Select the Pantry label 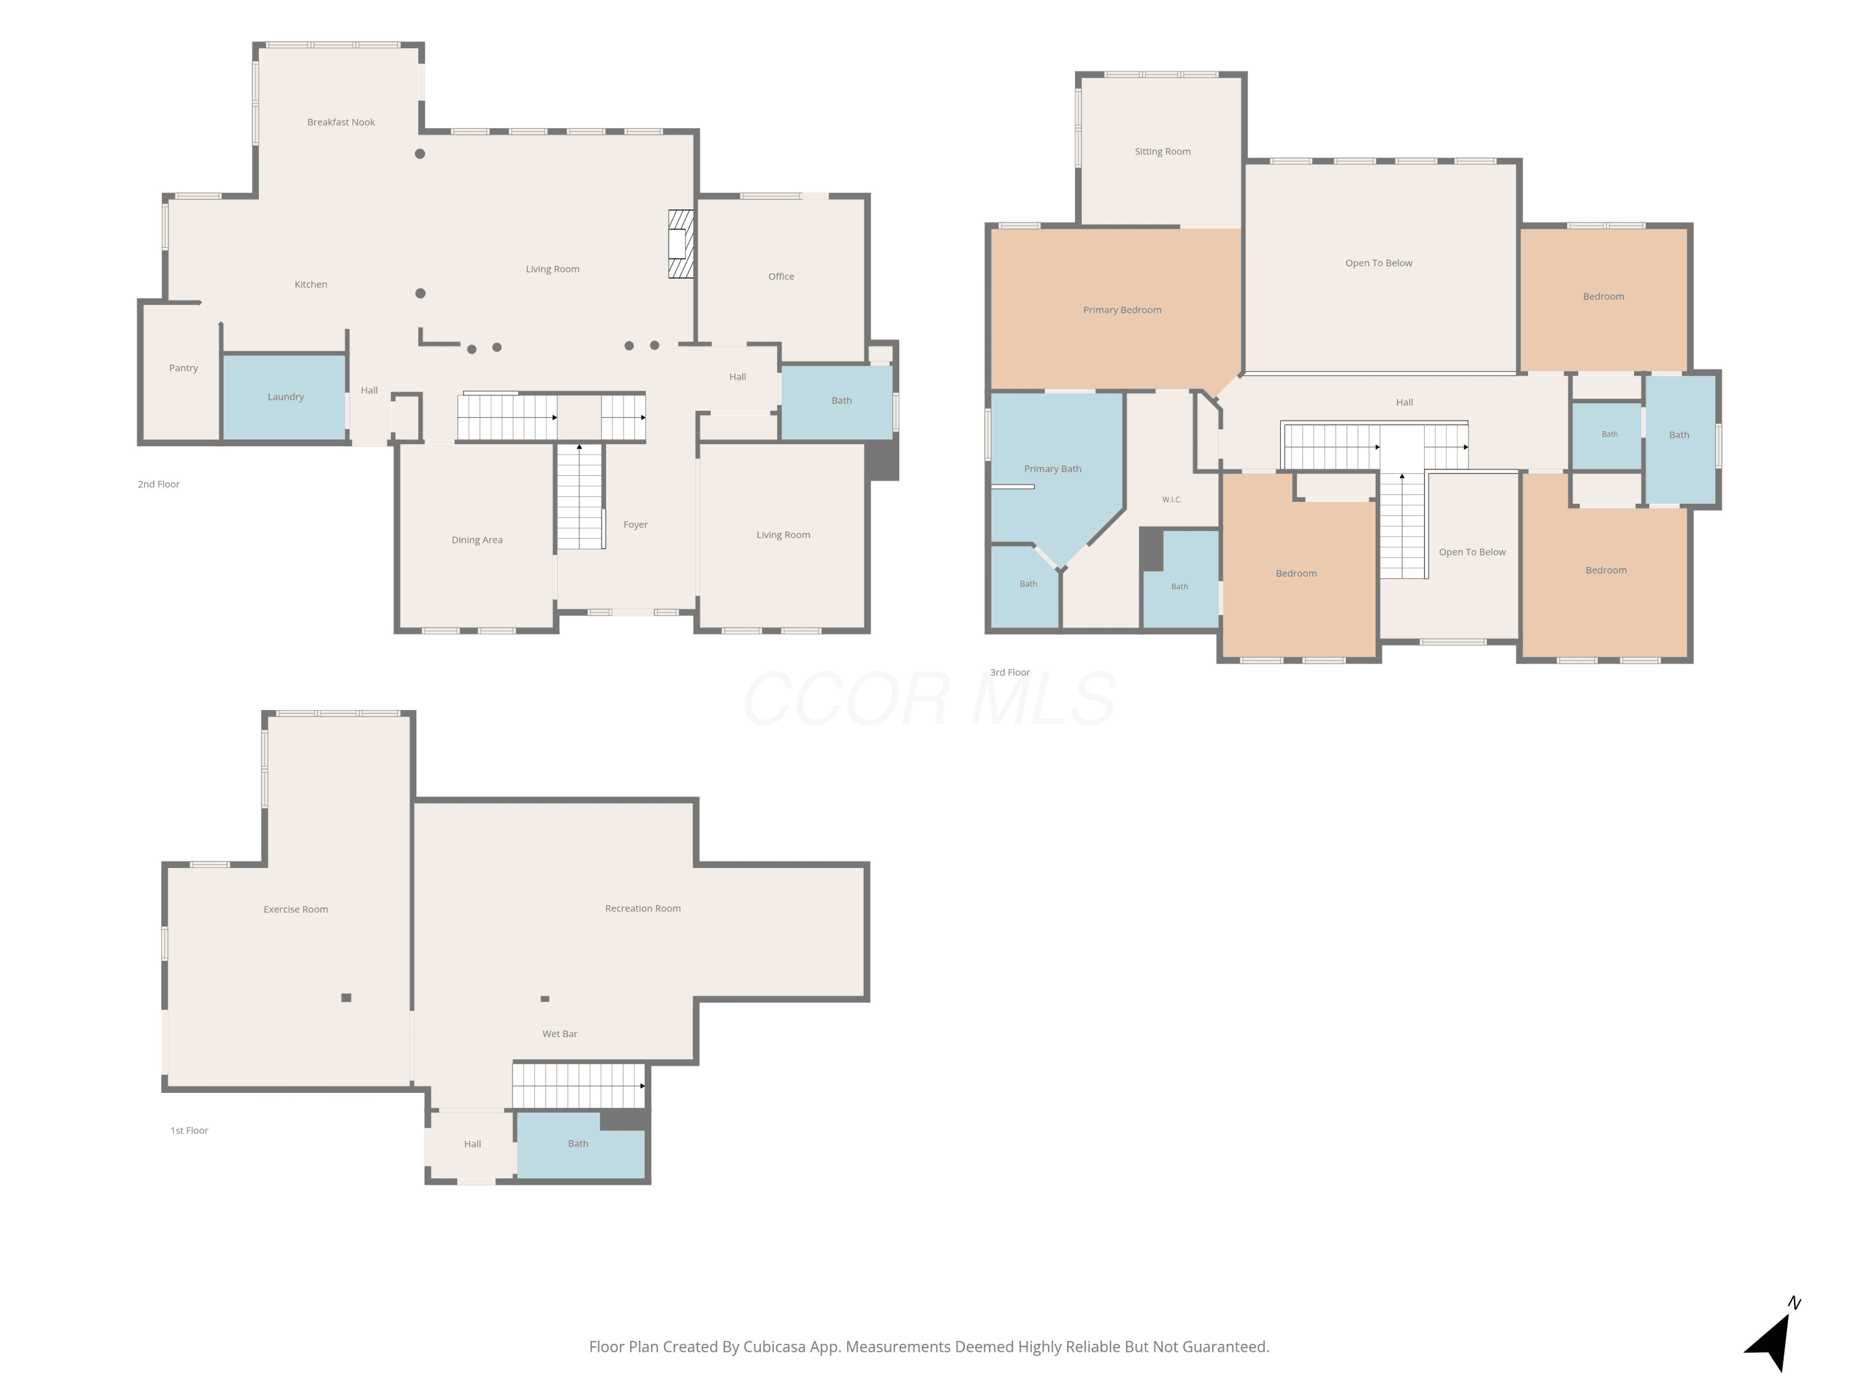coord(183,368)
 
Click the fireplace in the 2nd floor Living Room coord(681,243)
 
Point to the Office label coord(781,276)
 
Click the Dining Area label coord(477,540)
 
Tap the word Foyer coord(635,524)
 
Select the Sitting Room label coord(1162,151)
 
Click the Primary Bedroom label coord(1122,310)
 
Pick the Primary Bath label coord(1052,469)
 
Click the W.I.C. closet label coord(1172,500)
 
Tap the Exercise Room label coord(296,909)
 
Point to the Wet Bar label coord(560,1033)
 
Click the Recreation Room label coord(643,908)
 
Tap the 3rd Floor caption coord(1009,672)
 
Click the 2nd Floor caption coord(159,484)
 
